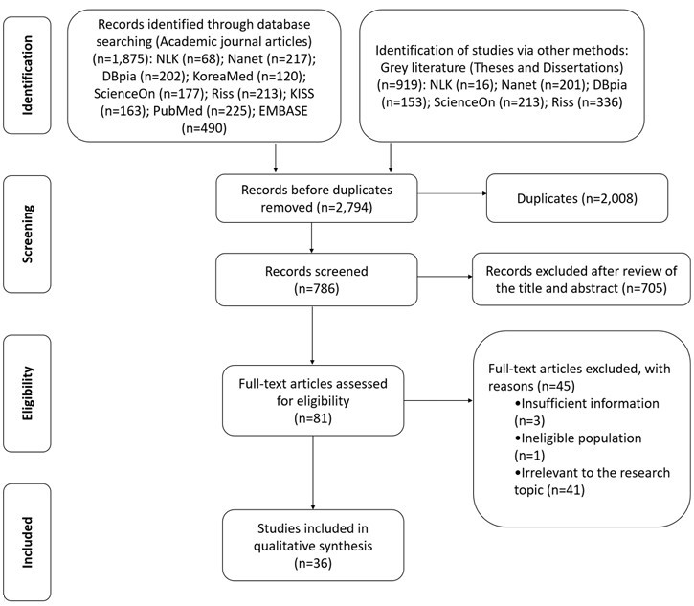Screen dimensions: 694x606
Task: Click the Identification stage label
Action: [27, 76]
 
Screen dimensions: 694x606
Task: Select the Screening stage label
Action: [27, 235]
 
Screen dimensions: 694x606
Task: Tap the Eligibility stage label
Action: [27, 393]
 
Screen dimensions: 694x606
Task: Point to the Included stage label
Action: [27, 542]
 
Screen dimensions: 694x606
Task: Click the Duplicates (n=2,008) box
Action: [577, 198]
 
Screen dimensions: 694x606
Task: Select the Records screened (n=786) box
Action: [317, 280]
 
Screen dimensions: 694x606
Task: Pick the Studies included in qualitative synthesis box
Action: [313, 546]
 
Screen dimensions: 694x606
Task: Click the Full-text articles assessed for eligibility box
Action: [313, 400]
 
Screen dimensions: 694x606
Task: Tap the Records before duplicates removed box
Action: [317, 198]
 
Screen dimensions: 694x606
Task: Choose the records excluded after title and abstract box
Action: [581, 280]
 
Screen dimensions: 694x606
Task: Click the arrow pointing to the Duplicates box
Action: [452, 193]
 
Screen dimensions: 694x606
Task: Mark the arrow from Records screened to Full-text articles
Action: [312, 335]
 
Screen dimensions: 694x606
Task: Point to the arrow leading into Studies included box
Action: [313, 473]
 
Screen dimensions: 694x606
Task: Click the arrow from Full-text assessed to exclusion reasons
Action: [438, 400]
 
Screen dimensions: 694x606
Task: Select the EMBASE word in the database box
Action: [283, 111]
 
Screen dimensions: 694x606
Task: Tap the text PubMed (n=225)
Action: [202, 111]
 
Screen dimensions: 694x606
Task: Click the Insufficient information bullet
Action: [587, 412]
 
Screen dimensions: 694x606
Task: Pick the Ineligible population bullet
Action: [578, 446]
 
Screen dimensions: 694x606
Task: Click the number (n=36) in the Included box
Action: [313, 563]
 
